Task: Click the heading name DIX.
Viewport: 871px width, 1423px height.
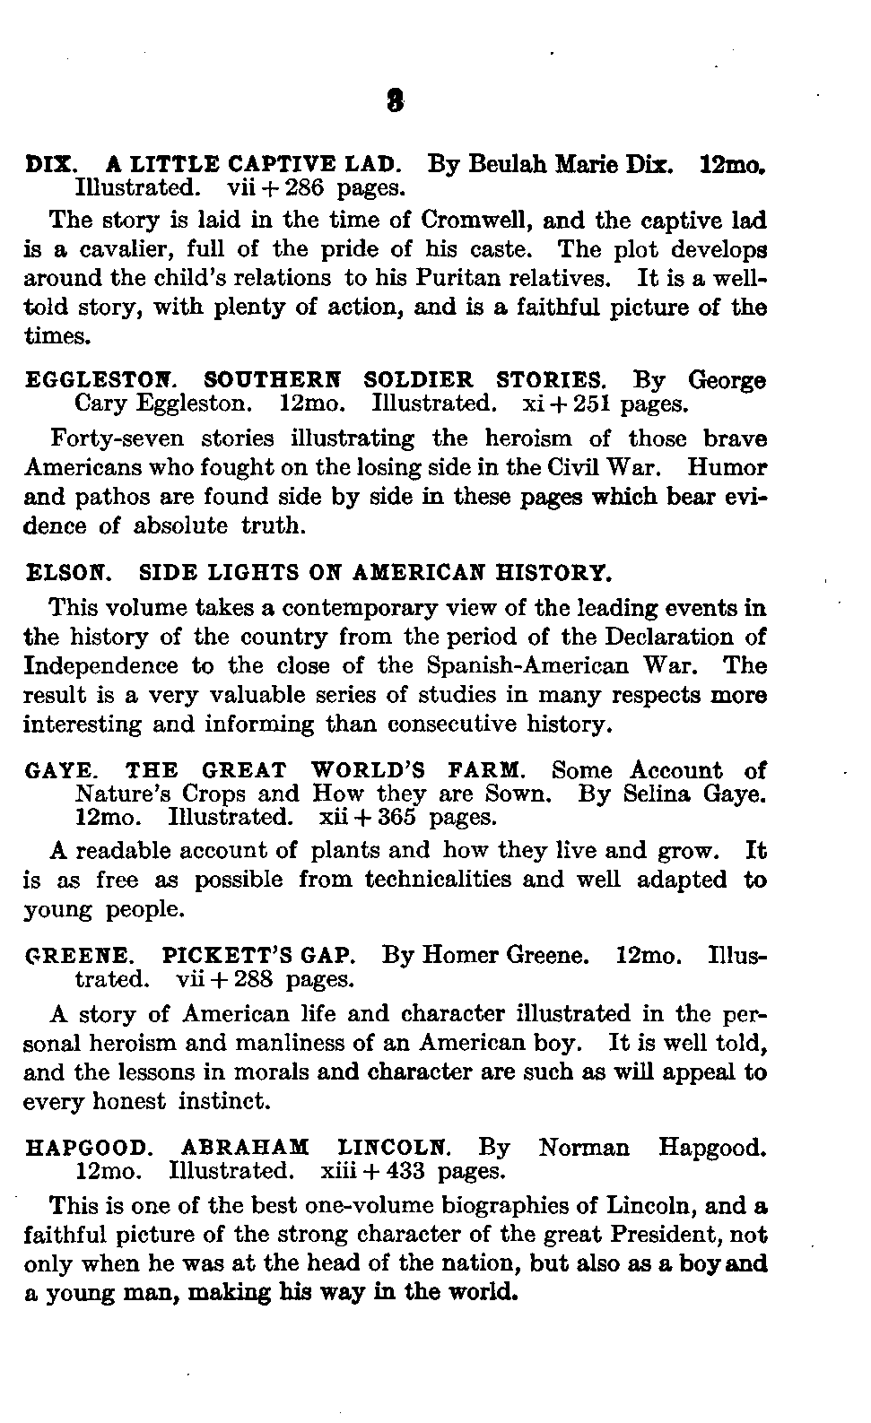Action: [50, 165]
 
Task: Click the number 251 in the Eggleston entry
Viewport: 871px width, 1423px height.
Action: [590, 403]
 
